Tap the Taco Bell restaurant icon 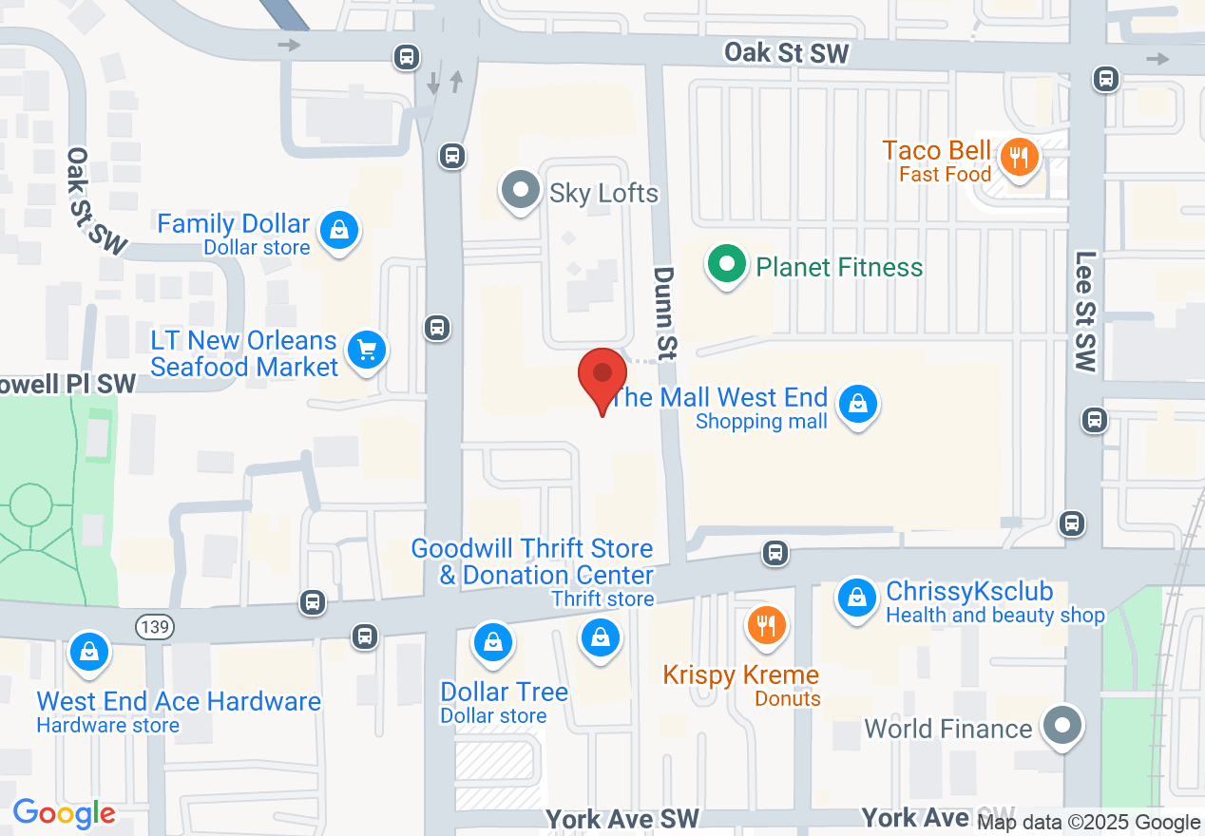1019,157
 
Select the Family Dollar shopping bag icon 337,230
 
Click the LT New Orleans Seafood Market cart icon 366,351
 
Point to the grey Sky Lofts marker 520,189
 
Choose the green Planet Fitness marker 728,264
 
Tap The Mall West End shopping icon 858,404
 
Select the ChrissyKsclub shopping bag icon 857,598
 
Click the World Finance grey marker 1062,726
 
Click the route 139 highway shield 153,626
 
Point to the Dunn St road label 663,312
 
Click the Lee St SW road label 1086,311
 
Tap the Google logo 64,813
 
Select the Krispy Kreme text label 740,675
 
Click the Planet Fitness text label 839,267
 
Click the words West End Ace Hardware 179,701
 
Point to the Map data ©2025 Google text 1088,823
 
